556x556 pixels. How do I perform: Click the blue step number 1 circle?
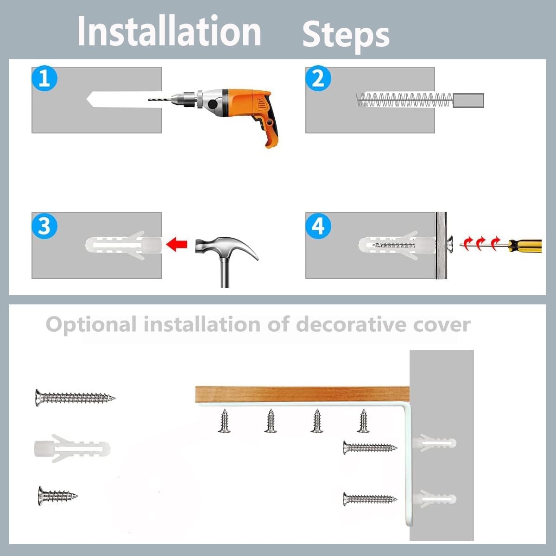44,78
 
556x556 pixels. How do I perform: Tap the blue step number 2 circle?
318,78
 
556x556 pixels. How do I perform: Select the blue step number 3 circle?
44,226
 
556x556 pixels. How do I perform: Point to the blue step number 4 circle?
318,226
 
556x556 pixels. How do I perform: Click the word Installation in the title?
169,31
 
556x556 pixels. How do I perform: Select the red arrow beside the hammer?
177,244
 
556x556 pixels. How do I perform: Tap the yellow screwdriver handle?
525,246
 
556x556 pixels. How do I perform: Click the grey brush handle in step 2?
468,100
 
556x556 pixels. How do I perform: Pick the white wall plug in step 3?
124,245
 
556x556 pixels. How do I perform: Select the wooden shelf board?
303,394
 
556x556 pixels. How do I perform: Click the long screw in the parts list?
75,398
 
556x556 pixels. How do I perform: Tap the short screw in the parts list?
57,496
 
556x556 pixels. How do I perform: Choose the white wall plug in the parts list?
72,449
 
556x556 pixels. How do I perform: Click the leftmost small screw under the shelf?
224,421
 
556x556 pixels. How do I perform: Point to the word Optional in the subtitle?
91,325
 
